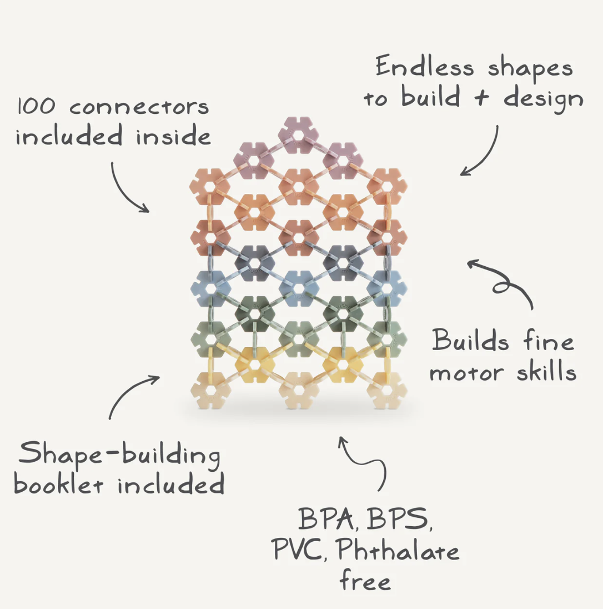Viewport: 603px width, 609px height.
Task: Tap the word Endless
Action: coord(424,68)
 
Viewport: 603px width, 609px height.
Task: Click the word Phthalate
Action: coord(398,551)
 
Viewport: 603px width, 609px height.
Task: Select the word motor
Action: coord(465,372)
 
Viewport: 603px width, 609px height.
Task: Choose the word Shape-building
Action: coord(119,456)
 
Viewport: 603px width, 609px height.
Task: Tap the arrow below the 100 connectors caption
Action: coord(128,189)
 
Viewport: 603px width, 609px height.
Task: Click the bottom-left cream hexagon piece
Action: coord(210,390)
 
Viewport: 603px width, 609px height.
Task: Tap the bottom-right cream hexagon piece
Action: coord(387,390)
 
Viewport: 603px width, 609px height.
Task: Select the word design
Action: coord(544,99)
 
